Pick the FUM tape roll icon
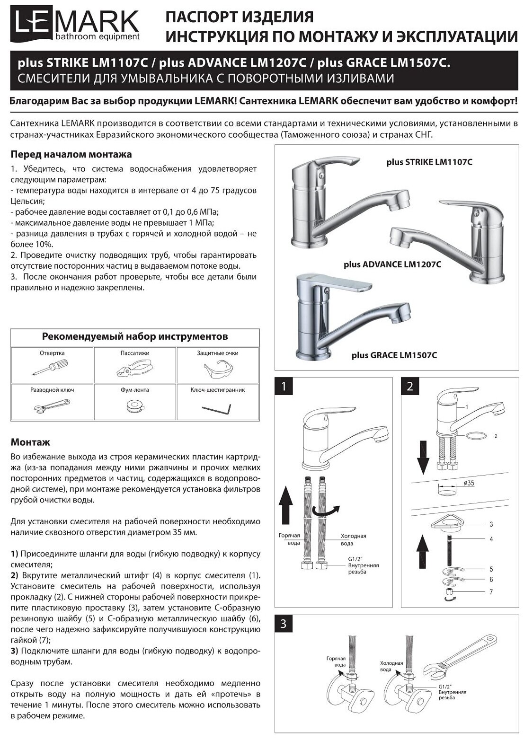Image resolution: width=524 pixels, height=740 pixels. click(x=135, y=405)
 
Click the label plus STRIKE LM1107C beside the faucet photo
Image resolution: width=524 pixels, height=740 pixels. click(x=429, y=163)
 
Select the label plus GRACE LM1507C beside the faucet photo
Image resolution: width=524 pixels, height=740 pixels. click(x=394, y=355)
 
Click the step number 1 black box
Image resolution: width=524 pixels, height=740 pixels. click(x=284, y=386)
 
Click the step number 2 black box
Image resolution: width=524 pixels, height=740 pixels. click(x=410, y=386)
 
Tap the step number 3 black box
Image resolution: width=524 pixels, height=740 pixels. click(x=284, y=624)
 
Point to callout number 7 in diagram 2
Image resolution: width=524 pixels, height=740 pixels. click(x=491, y=592)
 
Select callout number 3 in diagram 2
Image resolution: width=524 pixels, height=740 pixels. click(x=491, y=524)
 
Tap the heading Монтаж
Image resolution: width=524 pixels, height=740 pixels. click(x=30, y=442)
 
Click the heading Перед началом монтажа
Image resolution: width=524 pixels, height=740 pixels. click(x=71, y=155)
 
